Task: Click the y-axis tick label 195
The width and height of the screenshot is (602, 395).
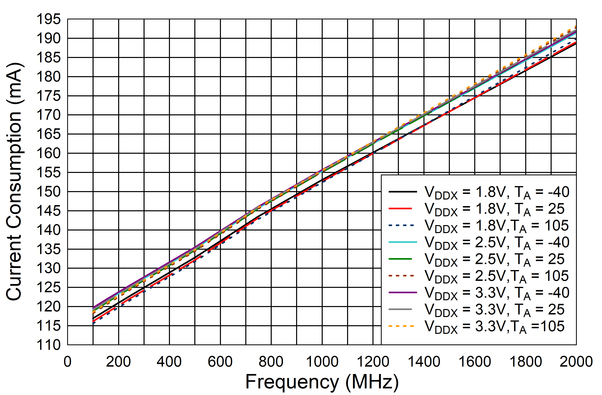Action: click(49, 19)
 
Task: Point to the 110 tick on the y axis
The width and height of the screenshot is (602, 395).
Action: click(49, 345)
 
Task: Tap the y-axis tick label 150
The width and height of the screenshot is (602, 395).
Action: click(49, 192)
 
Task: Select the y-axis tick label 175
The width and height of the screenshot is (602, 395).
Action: click(49, 96)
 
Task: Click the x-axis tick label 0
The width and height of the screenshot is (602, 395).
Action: click(68, 362)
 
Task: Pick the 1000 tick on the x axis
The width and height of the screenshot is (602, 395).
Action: click(322, 362)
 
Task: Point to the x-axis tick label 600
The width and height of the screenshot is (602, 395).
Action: click(220, 362)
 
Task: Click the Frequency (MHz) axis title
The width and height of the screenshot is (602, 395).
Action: click(322, 382)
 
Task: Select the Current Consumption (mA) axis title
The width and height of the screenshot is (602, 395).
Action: click(15, 182)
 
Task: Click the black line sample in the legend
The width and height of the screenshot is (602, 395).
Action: click(403, 192)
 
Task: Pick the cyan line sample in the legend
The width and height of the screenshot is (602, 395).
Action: click(403, 242)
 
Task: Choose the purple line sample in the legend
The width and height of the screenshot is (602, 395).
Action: click(403, 292)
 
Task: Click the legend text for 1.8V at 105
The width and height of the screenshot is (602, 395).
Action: click(496, 226)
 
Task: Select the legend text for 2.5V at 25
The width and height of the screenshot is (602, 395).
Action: click(494, 259)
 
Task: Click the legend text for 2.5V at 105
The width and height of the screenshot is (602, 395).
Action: click(496, 276)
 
